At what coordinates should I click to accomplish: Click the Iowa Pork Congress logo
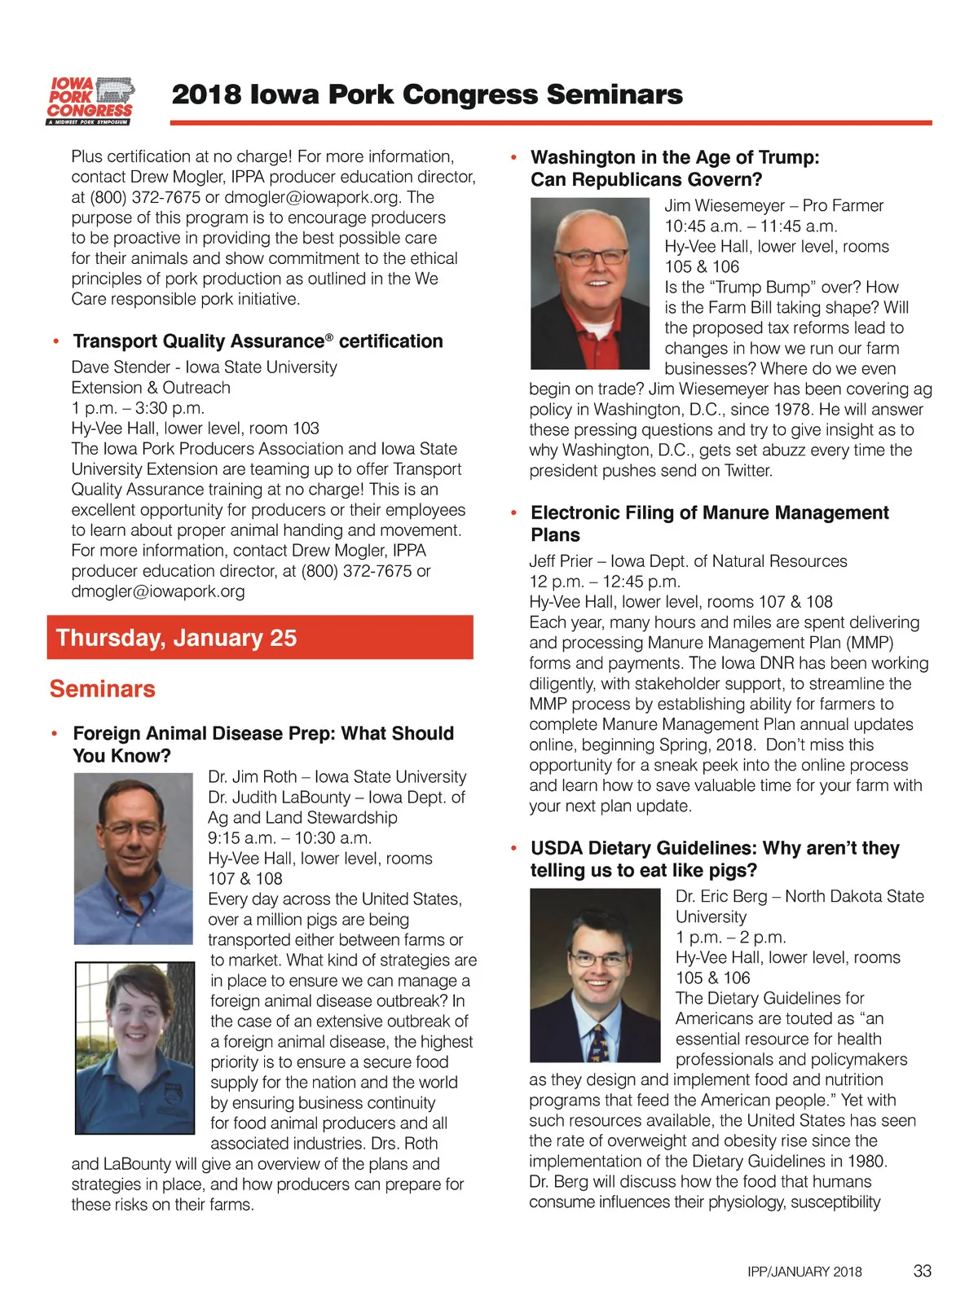point(90,101)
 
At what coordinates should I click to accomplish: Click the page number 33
point(922,1270)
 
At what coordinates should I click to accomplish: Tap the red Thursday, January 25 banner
point(260,637)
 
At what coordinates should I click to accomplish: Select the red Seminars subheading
point(102,689)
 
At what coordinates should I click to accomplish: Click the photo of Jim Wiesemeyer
point(591,283)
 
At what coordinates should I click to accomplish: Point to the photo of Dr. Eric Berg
point(595,974)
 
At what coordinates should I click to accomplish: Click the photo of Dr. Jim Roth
point(134,858)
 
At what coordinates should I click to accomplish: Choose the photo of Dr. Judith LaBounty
point(134,1048)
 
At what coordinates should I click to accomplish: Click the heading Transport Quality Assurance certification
point(258,341)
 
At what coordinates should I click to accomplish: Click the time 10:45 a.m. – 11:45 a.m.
point(751,226)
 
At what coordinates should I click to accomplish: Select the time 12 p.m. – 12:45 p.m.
point(605,582)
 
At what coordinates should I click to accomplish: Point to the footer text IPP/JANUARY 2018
point(804,1272)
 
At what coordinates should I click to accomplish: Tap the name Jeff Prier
point(561,561)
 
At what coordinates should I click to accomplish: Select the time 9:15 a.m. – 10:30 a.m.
point(289,838)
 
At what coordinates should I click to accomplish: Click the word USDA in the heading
point(556,848)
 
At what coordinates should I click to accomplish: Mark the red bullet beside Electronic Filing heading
point(513,512)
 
